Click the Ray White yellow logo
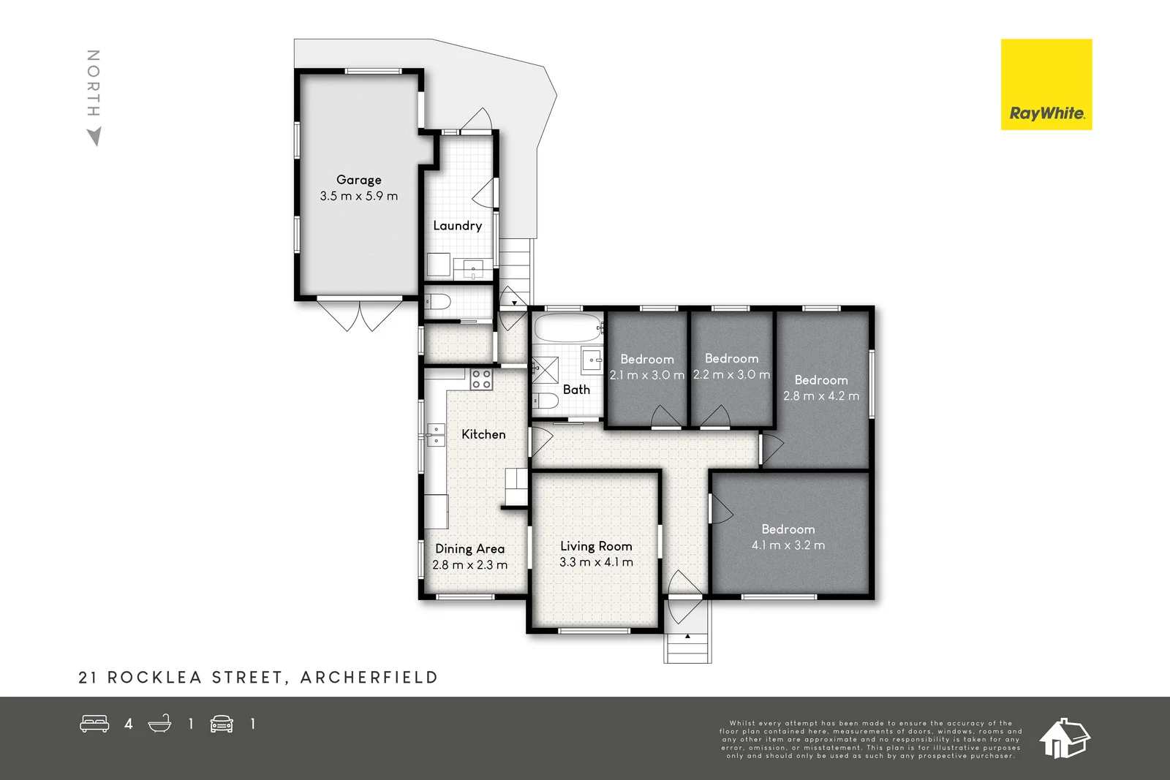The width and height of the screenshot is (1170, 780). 1046,84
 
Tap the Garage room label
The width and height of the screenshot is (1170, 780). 359,180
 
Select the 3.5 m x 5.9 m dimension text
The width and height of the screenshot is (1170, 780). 359,196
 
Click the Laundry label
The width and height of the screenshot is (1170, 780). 458,226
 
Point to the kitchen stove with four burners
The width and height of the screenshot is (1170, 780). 481,379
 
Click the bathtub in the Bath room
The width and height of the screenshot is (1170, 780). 567,327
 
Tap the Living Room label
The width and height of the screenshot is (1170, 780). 596,546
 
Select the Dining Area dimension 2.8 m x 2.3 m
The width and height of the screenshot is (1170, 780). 469,564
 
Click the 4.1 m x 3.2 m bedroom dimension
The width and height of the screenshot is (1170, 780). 788,545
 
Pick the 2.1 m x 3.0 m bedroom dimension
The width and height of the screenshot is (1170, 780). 646,375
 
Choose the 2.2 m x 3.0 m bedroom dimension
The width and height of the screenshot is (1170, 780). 731,374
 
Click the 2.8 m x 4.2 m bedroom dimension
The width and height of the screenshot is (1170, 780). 821,395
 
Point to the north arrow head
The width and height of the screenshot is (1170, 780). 94,136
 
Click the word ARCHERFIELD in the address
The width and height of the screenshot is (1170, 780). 369,677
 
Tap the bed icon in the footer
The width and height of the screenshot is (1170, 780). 94,724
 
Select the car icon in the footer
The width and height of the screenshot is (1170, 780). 222,724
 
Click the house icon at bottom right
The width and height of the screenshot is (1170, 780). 1064,738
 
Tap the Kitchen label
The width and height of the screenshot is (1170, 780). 483,434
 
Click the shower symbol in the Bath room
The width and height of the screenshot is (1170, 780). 546,370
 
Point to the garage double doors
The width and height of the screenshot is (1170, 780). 360,315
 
